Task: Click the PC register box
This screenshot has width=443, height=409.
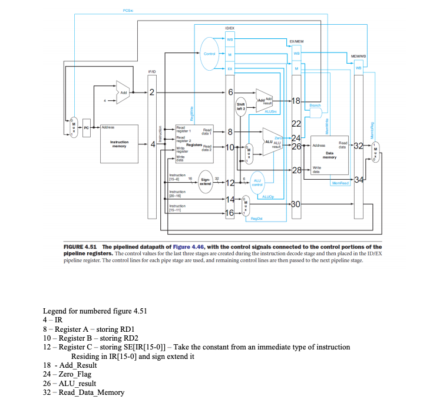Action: pos(86,127)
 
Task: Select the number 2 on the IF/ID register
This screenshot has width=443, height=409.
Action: pos(151,92)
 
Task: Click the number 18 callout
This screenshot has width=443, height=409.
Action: pos(296,101)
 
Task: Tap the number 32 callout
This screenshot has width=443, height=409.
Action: pos(358,145)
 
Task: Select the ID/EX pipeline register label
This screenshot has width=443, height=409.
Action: pos(231,28)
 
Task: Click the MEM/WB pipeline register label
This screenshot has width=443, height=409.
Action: pos(359,57)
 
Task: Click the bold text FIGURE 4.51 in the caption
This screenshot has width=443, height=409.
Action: pos(81,246)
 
